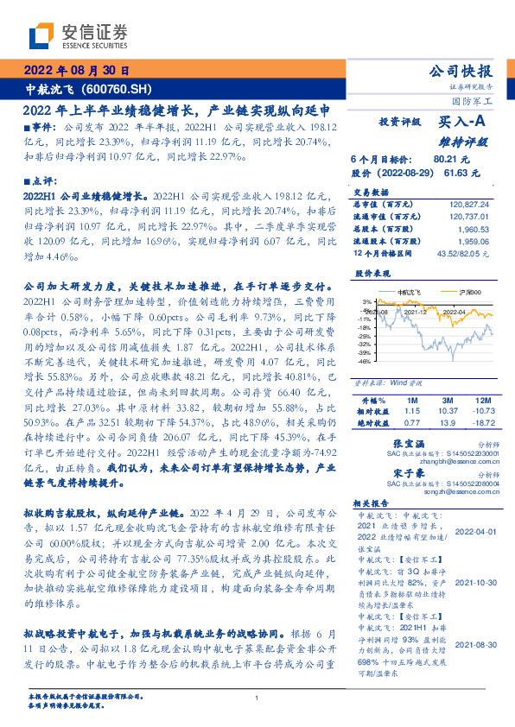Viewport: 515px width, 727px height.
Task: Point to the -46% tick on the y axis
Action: tap(366, 362)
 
